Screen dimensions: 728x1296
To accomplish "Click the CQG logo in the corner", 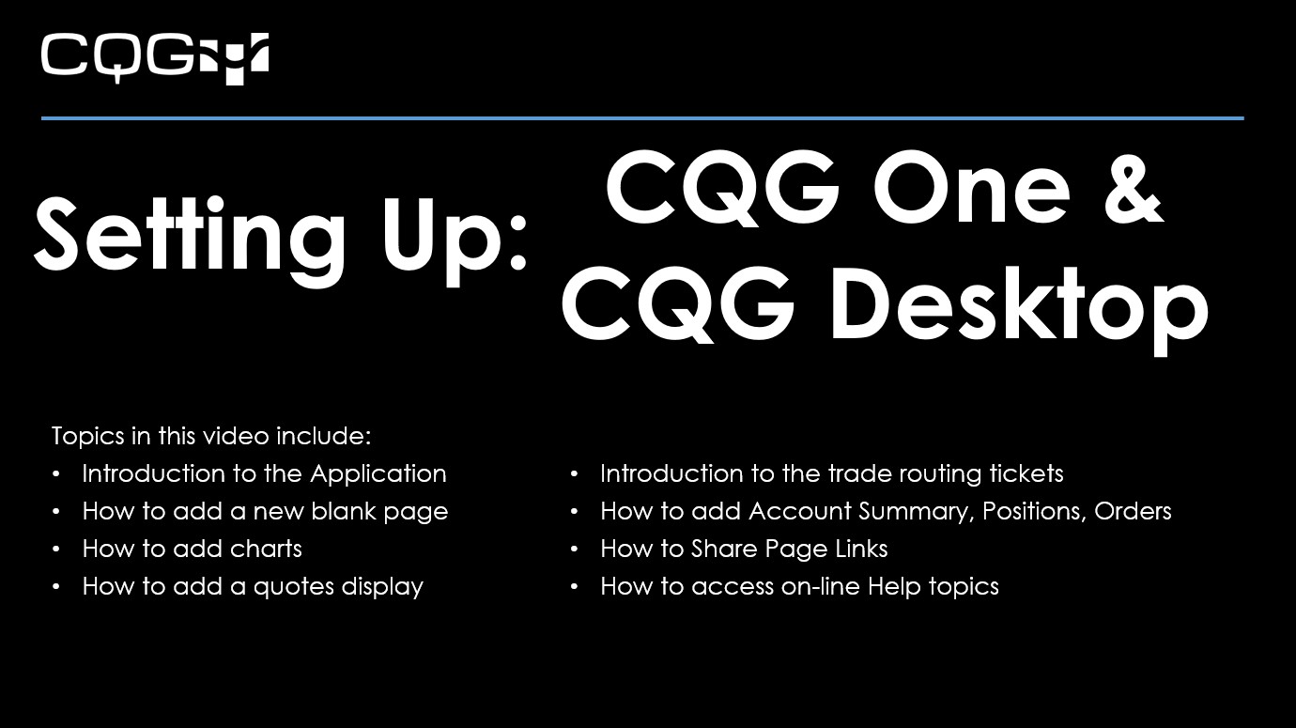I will [154, 57].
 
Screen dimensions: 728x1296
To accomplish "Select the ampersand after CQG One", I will [1132, 188].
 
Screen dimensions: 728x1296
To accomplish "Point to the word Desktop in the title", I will [1018, 306].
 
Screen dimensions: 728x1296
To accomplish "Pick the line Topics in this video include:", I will [211, 436].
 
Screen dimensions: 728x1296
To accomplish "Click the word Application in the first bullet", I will [378, 473].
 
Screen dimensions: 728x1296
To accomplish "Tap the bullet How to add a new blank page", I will [265, 511].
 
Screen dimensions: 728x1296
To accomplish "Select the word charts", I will [267, 549].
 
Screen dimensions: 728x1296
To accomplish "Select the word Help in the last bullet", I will [895, 587].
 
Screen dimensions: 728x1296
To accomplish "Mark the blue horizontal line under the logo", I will [642, 118].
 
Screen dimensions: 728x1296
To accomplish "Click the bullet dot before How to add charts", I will [58, 550].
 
